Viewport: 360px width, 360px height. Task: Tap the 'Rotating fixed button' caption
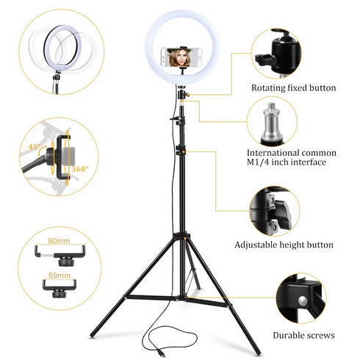click(293, 88)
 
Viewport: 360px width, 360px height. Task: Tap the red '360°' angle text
click(81, 169)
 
